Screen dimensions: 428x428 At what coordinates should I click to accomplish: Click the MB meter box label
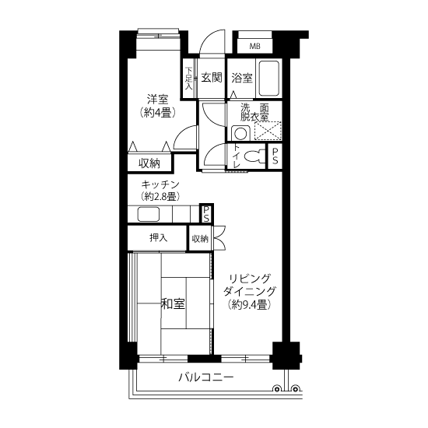pyautogui.click(x=255, y=46)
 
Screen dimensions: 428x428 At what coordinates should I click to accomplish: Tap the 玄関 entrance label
pyautogui.click(x=212, y=78)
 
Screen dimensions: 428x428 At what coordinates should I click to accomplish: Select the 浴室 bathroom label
pyautogui.click(x=242, y=79)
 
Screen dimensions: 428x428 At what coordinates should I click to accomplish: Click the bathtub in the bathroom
pyautogui.click(x=269, y=79)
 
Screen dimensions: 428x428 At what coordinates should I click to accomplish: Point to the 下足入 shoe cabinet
pyautogui.click(x=188, y=79)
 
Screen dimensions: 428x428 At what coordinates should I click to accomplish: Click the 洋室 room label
pyautogui.click(x=157, y=100)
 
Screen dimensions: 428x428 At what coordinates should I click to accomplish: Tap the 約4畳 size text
pyautogui.click(x=157, y=113)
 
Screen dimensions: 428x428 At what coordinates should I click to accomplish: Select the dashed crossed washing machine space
pyautogui.click(x=268, y=131)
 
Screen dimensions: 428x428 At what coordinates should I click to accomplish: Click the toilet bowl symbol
pyautogui.click(x=254, y=156)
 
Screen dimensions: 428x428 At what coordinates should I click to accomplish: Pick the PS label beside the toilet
pyautogui.click(x=275, y=156)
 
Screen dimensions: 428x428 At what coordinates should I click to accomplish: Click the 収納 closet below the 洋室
pyautogui.click(x=149, y=163)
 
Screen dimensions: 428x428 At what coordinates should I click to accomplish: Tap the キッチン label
pyautogui.click(x=160, y=184)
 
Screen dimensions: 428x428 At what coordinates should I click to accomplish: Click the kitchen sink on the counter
pyautogui.click(x=148, y=214)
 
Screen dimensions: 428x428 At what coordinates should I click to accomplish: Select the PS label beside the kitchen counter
pyautogui.click(x=207, y=214)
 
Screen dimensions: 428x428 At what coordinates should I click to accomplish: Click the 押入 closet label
pyautogui.click(x=158, y=238)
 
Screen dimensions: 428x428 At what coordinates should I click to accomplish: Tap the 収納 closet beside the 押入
pyautogui.click(x=200, y=239)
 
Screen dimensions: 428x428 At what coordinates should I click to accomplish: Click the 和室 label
pyautogui.click(x=173, y=303)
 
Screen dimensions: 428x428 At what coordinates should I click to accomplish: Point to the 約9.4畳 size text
pyautogui.click(x=250, y=304)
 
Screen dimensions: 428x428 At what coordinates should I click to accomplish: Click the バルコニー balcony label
pyautogui.click(x=206, y=377)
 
